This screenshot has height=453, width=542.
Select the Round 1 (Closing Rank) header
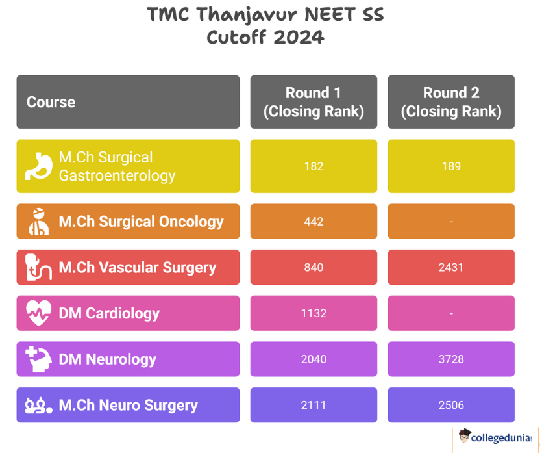point(314,102)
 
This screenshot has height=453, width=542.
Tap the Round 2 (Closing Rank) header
point(451,102)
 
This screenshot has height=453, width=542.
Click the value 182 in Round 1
point(314,166)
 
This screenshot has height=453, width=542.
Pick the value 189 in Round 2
point(451,166)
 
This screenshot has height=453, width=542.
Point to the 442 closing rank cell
point(314,221)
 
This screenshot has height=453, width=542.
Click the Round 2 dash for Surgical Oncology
point(451,222)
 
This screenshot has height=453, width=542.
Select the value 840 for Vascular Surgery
point(314,267)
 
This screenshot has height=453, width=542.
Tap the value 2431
point(451,267)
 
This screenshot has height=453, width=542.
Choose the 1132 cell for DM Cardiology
point(314,313)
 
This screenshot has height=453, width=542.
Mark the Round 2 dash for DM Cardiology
point(451,313)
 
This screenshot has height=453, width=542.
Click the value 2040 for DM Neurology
point(314,359)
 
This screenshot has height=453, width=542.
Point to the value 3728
point(451,359)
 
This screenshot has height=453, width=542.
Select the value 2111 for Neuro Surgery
point(314,405)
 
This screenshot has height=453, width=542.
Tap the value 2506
point(451,405)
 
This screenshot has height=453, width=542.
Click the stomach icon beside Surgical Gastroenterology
point(38,166)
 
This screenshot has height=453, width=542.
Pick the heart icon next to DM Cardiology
point(39,313)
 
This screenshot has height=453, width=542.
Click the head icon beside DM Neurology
point(39,359)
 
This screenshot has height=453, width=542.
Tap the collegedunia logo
point(495,437)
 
